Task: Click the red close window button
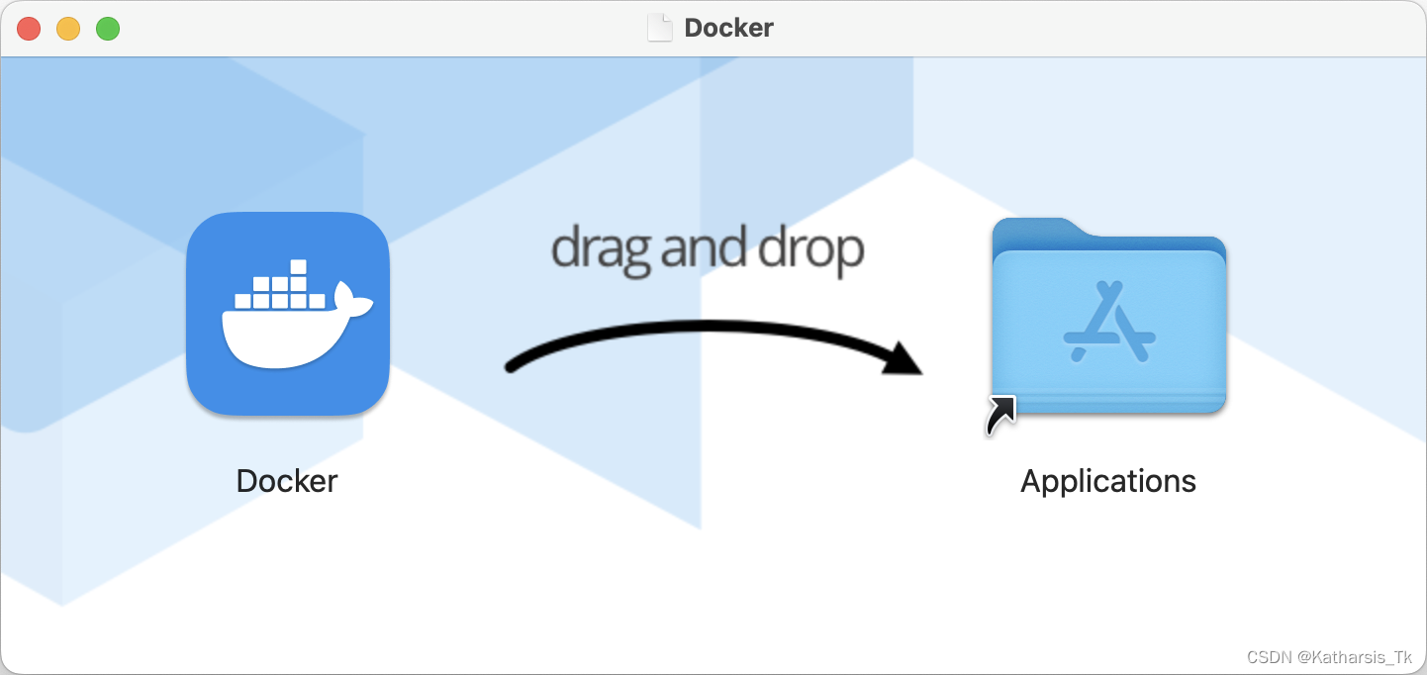point(29,29)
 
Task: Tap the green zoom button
point(107,29)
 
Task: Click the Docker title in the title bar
point(728,28)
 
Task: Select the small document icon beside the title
point(659,28)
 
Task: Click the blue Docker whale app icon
point(287,315)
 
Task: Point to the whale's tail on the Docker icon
point(352,297)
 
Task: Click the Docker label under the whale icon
point(287,481)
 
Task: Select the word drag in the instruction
point(601,248)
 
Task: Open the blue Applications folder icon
point(1108,317)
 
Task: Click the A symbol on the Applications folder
point(1110,323)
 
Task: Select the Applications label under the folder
point(1108,481)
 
